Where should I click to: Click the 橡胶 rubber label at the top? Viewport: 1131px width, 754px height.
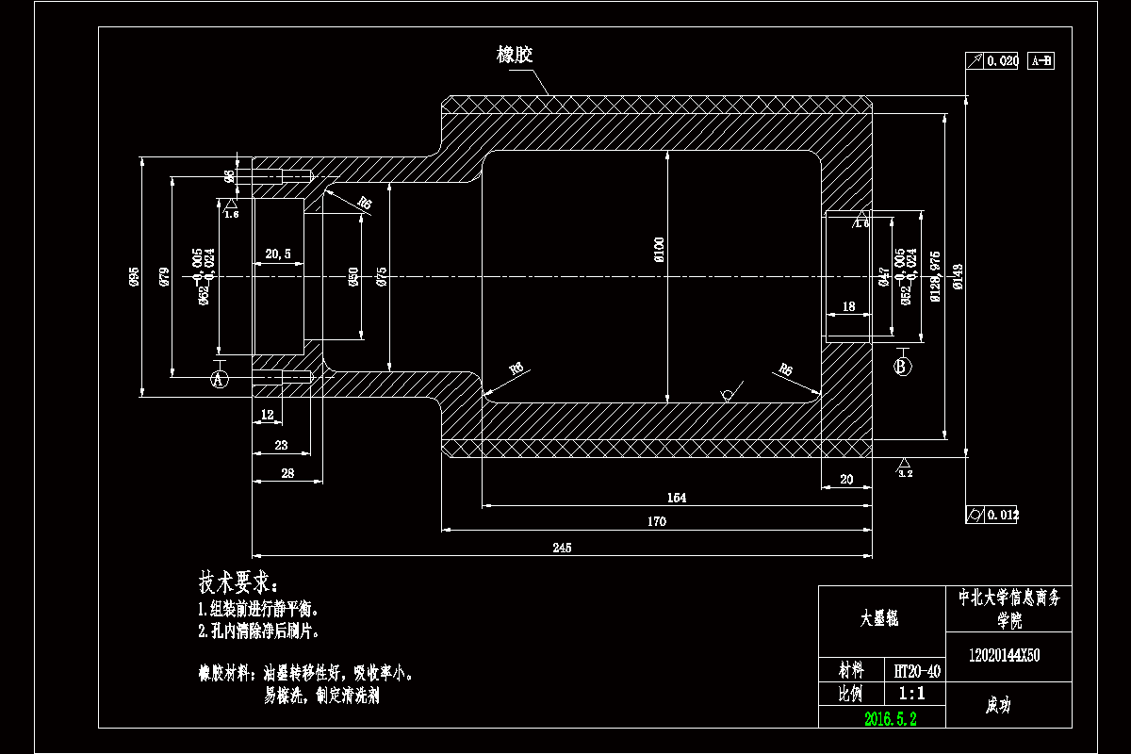(x=515, y=56)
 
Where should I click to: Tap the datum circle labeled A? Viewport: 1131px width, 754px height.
(x=219, y=380)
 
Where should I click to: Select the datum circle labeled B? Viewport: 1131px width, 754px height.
(x=902, y=366)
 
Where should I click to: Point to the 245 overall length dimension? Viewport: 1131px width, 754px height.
(x=562, y=547)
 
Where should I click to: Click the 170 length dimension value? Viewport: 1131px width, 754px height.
(x=657, y=521)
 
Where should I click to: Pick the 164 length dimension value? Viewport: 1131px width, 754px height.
(x=676, y=498)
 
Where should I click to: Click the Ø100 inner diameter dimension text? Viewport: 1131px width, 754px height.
(x=659, y=249)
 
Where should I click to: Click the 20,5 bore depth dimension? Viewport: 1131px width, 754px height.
(x=277, y=254)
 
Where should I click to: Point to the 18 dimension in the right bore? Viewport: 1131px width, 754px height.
(x=848, y=306)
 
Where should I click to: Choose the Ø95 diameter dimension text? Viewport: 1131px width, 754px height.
(x=134, y=276)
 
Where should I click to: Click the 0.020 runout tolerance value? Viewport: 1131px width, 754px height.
(x=1002, y=61)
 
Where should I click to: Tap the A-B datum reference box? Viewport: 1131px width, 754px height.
(x=1041, y=61)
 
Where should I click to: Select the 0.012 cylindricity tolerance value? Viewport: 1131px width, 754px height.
(x=1002, y=515)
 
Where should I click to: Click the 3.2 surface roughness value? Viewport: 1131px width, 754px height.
(x=906, y=474)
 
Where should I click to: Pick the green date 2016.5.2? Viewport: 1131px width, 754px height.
(x=891, y=718)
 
